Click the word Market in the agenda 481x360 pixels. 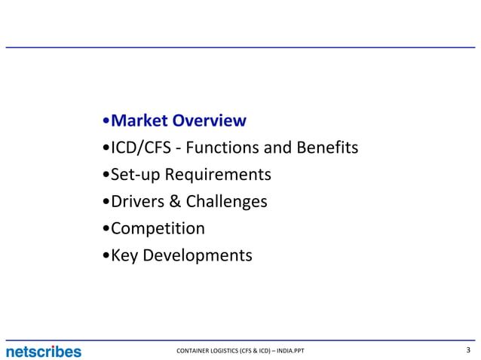(x=139, y=121)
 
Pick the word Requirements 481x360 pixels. (x=218, y=175)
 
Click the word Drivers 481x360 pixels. (x=135, y=202)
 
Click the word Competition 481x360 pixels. (x=158, y=228)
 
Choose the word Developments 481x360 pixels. (x=198, y=255)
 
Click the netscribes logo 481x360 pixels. (x=43, y=351)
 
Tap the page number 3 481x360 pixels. (x=469, y=350)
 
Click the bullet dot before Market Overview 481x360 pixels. (x=105, y=121)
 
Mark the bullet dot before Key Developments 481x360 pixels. (x=105, y=256)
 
